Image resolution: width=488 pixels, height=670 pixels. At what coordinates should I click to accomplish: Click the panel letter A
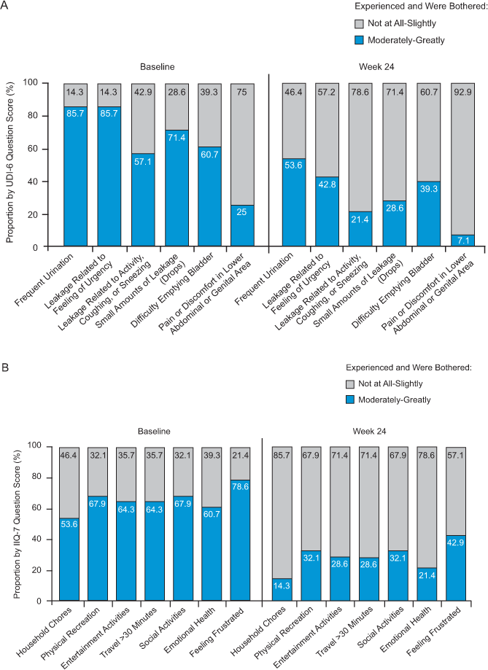[6, 7]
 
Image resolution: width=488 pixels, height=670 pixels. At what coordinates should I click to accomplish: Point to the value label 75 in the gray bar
[242, 91]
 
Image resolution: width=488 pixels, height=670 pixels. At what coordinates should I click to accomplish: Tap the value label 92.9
[462, 91]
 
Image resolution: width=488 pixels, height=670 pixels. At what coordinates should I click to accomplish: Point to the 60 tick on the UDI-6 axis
[50, 149]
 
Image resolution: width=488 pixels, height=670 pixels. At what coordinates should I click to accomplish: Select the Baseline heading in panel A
[158, 66]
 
